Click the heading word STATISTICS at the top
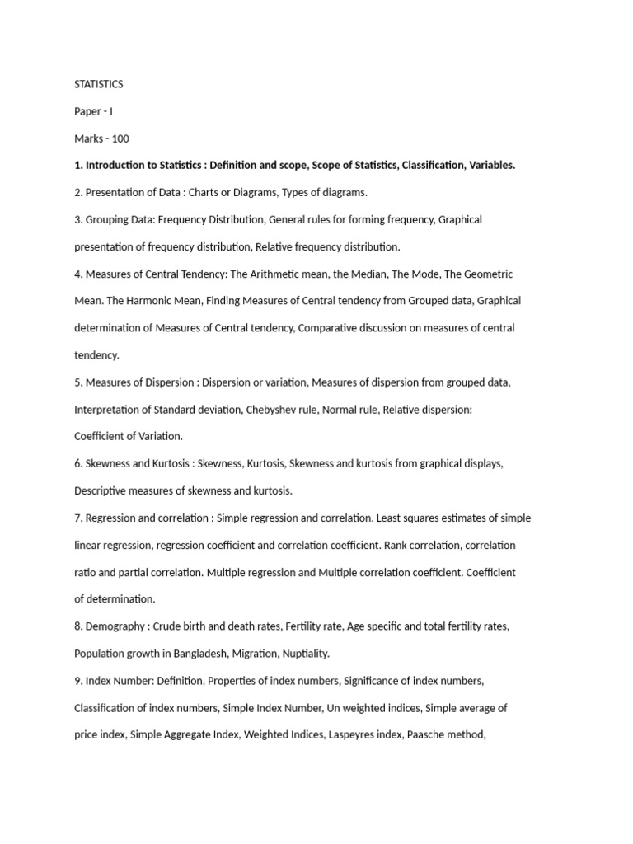99,84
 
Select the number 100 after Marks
120,138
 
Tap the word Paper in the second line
88,111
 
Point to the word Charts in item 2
204,193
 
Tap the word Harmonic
152,301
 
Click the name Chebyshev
273,410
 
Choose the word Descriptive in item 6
104,491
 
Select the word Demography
115,626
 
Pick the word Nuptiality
304,654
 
